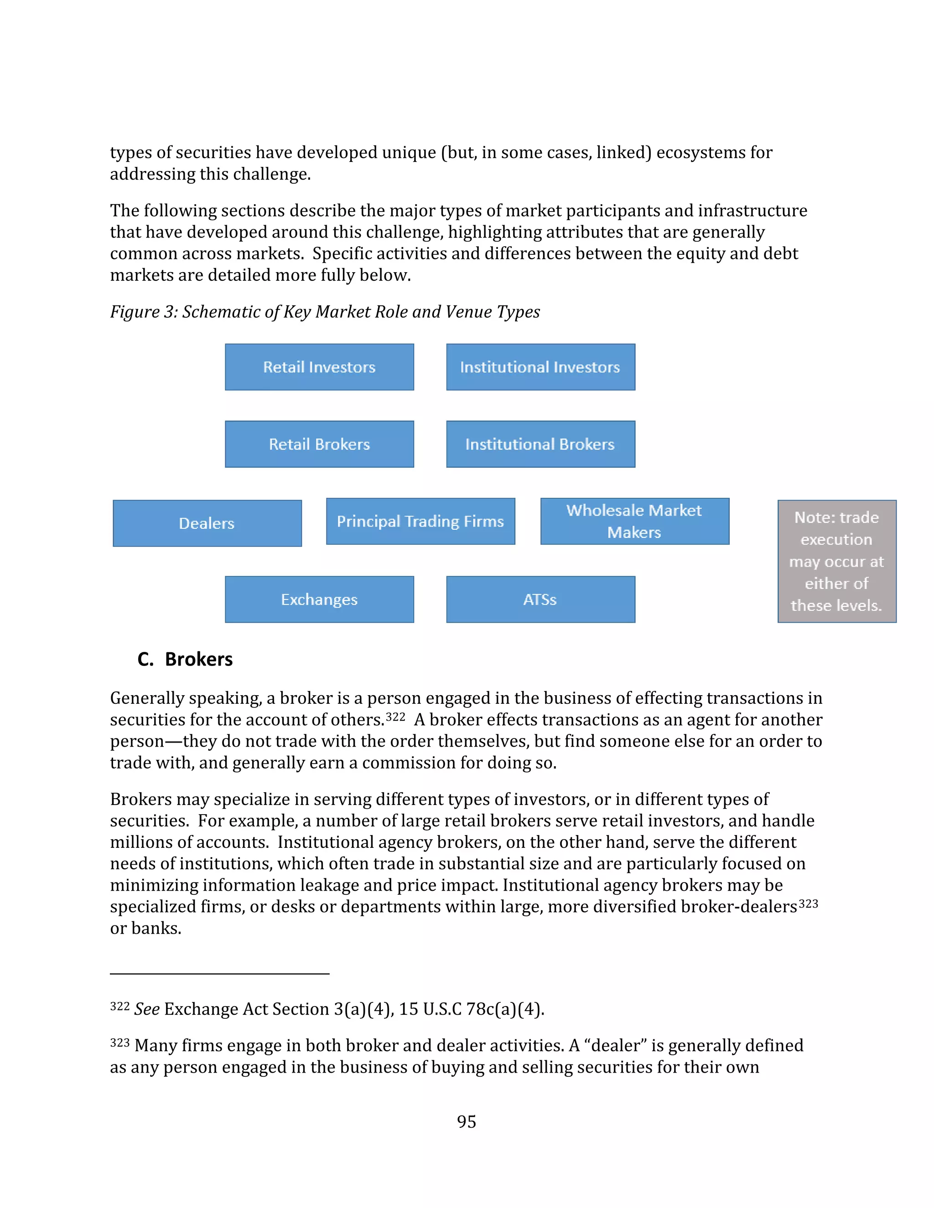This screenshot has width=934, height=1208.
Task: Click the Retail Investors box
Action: [319, 367]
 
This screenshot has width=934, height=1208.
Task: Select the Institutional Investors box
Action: [540, 367]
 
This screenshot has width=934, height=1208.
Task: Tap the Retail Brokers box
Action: [319, 444]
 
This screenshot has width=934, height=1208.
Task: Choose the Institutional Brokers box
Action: [540, 444]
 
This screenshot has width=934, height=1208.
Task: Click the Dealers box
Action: [207, 523]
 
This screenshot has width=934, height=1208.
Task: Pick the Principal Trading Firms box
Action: [420, 521]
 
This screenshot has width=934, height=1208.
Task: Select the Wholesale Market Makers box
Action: [635, 521]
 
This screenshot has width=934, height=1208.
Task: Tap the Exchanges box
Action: [319, 599]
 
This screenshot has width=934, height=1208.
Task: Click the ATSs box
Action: [540, 599]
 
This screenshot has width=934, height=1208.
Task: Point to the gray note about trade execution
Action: [836, 562]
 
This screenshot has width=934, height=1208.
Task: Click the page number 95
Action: [467, 1121]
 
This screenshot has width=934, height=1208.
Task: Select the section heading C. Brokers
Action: [185, 659]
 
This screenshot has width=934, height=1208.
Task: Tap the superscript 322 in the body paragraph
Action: [395, 717]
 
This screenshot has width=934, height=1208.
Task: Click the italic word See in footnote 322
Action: [147, 1009]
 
